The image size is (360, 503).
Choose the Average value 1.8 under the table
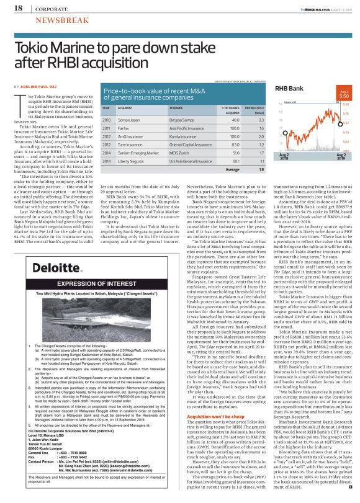coord(245,169)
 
